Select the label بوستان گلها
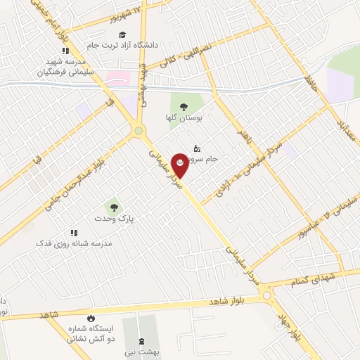[x=184, y=118]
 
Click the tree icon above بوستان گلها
[x=184, y=107]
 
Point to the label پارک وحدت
[x=113, y=219]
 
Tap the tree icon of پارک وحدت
[x=112, y=207]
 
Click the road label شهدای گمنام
[x=319, y=278]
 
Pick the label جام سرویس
[x=211, y=159]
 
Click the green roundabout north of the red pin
[x=139, y=130]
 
